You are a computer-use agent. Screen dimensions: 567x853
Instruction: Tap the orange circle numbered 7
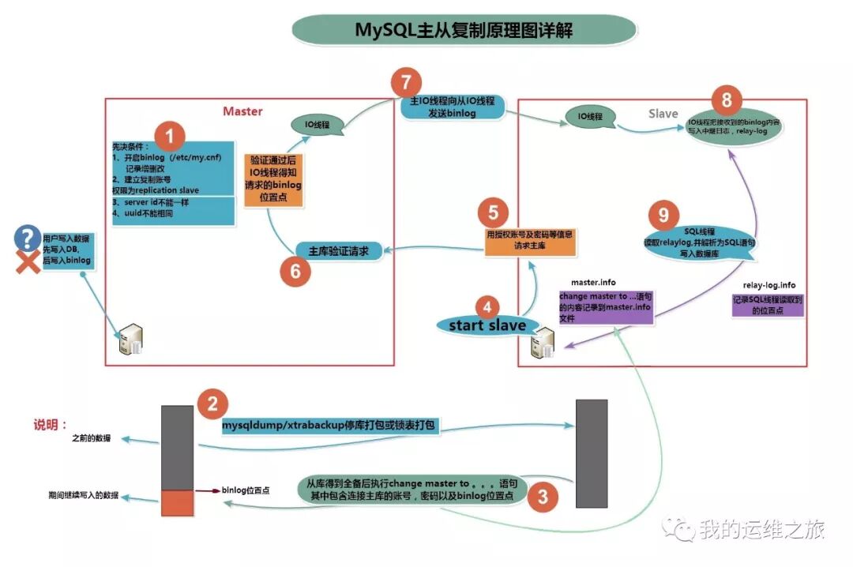[x=406, y=84]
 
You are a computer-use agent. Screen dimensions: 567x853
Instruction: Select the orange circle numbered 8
[x=727, y=100]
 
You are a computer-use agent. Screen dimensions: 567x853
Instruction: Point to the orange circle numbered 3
[x=543, y=496]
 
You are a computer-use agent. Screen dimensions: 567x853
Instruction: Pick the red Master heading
[x=242, y=111]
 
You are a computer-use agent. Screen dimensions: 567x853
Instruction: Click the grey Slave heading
[x=663, y=114]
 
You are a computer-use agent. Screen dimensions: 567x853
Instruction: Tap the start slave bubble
[x=488, y=325]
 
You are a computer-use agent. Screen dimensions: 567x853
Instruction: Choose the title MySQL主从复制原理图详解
[x=464, y=31]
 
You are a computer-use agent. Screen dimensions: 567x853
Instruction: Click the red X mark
[x=28, y=263]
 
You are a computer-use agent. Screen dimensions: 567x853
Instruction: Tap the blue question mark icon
[x=28, y=236]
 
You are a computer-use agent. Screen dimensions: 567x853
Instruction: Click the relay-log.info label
[x=768, y=284]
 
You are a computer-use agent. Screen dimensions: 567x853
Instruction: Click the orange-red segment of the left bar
[x=177, y=502]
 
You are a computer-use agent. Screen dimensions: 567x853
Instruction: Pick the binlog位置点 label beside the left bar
[x=246, y=490]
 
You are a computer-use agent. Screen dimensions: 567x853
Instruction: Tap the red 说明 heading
[x=51, y=424]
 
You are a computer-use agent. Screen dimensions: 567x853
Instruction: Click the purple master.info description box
[x=606, y=306]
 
